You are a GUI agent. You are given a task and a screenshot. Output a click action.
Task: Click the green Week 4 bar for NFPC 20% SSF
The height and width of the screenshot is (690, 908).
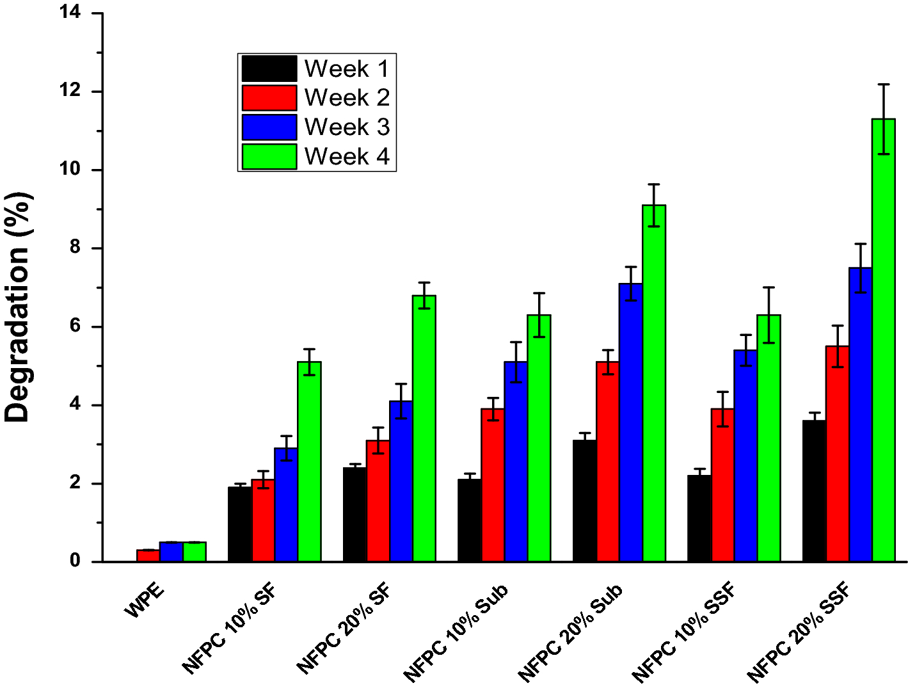pos(883,339)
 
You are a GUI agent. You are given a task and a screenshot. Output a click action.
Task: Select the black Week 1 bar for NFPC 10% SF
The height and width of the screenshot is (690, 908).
pos(239,524)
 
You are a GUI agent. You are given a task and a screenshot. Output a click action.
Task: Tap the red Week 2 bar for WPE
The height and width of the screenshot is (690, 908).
pos(148,556)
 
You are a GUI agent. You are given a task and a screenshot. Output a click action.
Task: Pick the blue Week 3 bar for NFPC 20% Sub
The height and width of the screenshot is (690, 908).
pos(630,422)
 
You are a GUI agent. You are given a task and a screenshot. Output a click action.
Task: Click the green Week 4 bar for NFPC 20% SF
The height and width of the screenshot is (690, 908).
pos(424,428)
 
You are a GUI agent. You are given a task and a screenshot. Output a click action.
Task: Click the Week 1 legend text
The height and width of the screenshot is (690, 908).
pos(346,68)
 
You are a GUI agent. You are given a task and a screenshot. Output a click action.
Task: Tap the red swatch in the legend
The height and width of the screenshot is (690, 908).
pos(269,98)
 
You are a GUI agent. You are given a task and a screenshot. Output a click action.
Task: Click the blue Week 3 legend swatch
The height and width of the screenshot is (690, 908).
pos(269,127)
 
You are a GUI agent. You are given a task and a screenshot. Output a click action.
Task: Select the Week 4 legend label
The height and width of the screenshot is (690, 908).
pos(346,156)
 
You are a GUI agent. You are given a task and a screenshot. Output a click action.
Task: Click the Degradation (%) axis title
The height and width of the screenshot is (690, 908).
pos(17,307)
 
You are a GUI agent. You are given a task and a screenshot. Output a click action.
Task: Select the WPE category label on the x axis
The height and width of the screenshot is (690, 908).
pos(145,600)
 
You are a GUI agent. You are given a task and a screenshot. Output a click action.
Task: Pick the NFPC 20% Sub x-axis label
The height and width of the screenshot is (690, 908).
pos(570,633)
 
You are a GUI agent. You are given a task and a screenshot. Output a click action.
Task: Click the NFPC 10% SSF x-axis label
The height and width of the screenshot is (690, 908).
pos(684,633)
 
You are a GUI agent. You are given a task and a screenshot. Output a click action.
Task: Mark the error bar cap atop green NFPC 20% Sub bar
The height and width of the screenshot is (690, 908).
pos(653,184)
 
